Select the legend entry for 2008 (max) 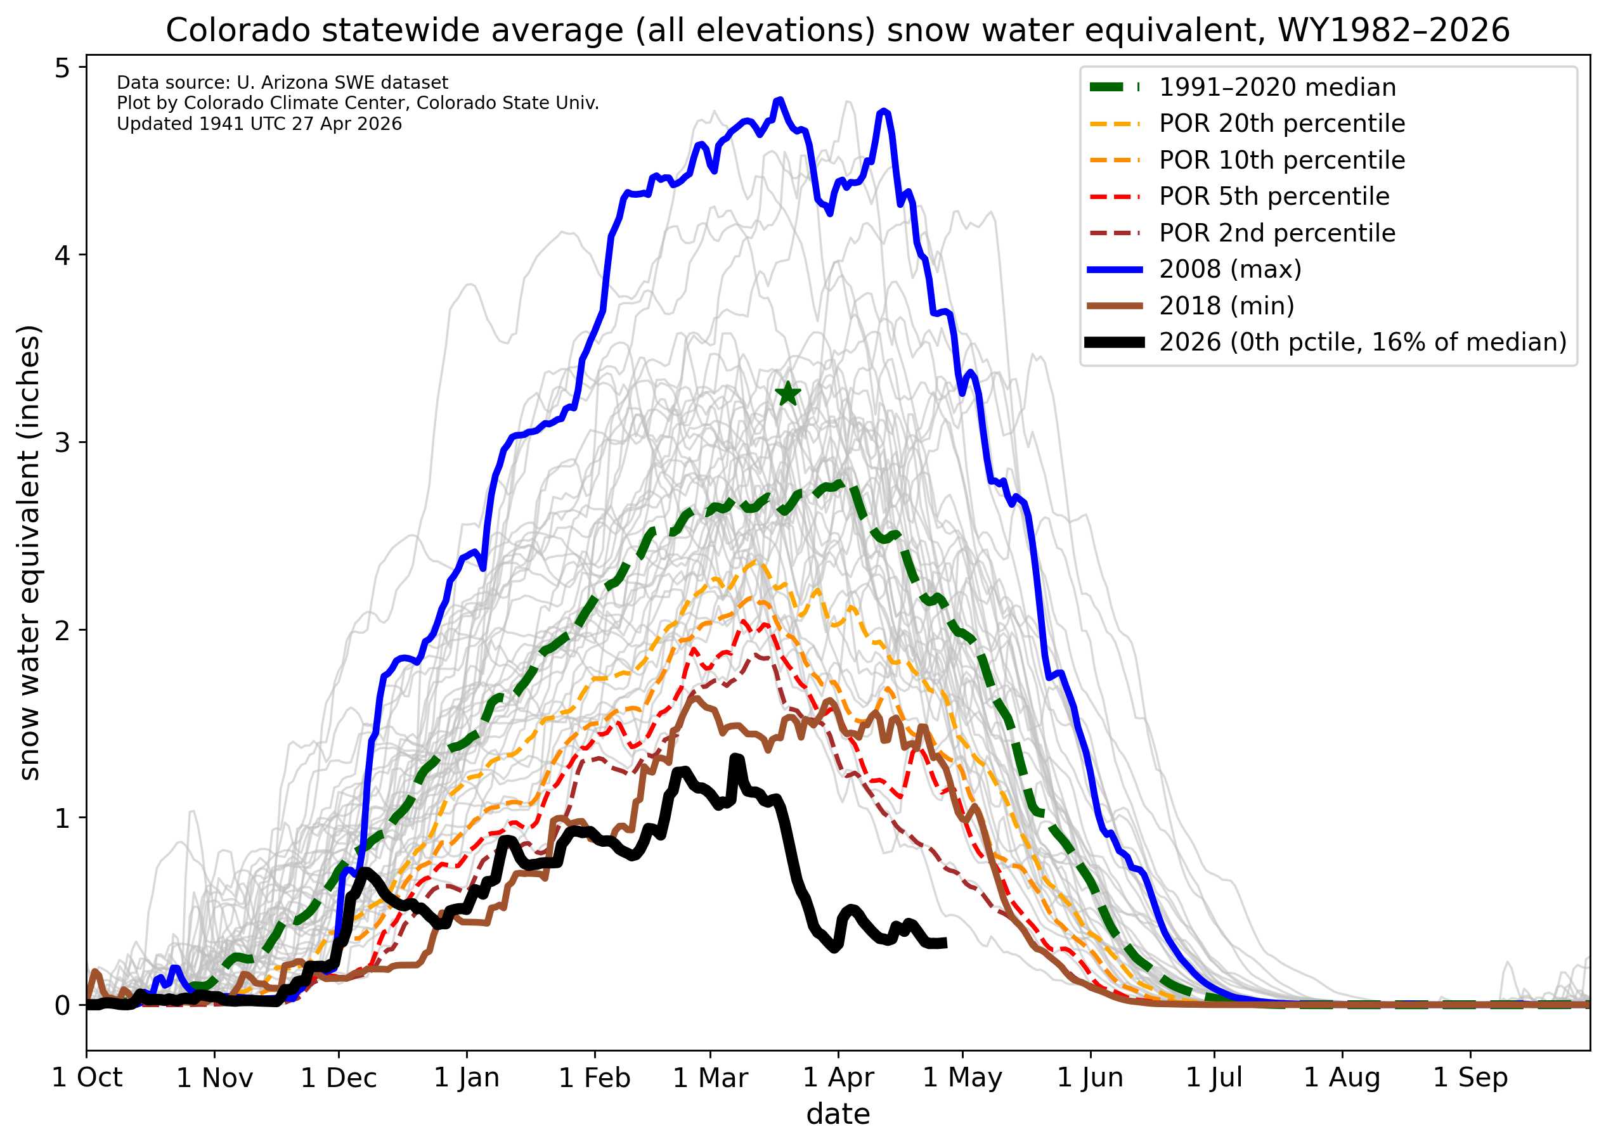pyautogui.click(x=1230, y=269)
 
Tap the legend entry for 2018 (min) pyautogui.click(x=1226, y=306)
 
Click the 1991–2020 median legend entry pyautogui.click(x=1277, y=87)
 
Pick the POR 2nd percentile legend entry pyautogui.click(x=1277, y=233)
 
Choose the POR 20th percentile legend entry pyautogui.click(x=1281, y=124)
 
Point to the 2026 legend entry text pyautogui.click(x=1363, y=342)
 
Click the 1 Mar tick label pyautogui.click(x=710, y=1078)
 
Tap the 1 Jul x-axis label pyautogui.click(x=1214, y=1078)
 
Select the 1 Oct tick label pyautogui.click(x=87, y=1078)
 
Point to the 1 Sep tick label pyautogui.click(x=1470, y=1078)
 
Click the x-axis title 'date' pyautogui.click(x=838, y=1114)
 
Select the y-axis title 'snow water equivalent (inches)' pyautogui.click(x=29, y=553)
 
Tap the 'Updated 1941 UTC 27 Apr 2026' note pyautogui.click(x=259, y=124)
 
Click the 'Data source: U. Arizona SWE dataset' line pyautogui.click(x=282, y=82)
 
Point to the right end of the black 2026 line pyautogui.click(x=945, y=943)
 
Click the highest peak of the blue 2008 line pyautogui.click(x=779, y=100)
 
